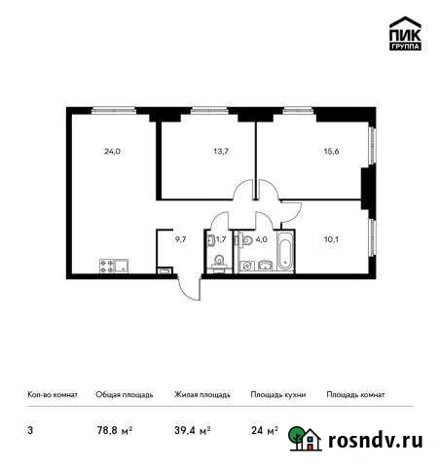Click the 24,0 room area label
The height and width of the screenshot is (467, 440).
pyautogui.click(x=112, y=151)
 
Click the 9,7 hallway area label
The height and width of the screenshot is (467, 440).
pyautogui.click(x=180, y=236)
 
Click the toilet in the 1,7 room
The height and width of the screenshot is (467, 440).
pyautogui.click(x=220, y=261)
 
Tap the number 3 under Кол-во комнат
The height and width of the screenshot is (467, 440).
pyautogui.click(x=29, y=428)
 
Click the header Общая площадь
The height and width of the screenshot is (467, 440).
pyautogui.click(x=124, y=395)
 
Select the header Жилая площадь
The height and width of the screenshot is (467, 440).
pyautogui.click(x=202, y=395)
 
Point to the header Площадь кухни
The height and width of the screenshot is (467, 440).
pyautogui.click(x=278, y=395)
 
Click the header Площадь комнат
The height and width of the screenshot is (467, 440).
pyautogui.click(x=355, y=395)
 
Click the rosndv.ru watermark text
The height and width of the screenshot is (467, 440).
pyautogui.click(x=375, y=442)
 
